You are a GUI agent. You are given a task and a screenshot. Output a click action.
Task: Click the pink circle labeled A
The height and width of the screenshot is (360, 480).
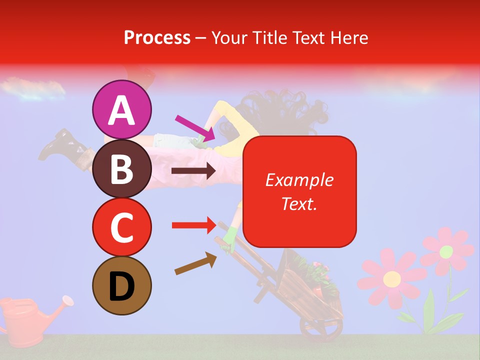tap(122, 109)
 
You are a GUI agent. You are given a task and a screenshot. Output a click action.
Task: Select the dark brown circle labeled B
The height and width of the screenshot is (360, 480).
tap(122, 168)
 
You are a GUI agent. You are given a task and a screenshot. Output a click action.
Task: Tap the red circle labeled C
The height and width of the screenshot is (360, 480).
tap(122, 227)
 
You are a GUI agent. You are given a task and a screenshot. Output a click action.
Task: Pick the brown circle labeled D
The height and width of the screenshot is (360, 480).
tap(122, 286)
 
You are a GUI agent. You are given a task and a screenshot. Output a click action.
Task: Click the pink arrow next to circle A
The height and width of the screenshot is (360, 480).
tap(194, 128)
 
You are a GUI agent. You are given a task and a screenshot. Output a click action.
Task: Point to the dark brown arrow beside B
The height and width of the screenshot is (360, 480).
tap(193, 171)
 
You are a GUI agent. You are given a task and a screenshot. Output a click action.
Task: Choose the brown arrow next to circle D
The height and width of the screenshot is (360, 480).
tap(195, 263)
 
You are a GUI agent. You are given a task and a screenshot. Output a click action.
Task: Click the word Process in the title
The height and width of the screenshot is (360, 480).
tap(157, 37)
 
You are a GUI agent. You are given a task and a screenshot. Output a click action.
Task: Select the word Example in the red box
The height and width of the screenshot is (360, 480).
tap(299, 180)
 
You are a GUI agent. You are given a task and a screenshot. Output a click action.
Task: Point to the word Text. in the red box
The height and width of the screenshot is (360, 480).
tap(299, 203)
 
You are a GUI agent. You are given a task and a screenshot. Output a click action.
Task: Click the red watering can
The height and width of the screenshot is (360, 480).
tap(25, 320)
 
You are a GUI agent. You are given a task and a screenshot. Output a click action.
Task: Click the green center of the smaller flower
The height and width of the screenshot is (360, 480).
tap(446, 251)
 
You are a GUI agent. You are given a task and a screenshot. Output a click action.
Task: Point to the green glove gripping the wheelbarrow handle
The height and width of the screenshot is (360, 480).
tap(230, 238)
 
